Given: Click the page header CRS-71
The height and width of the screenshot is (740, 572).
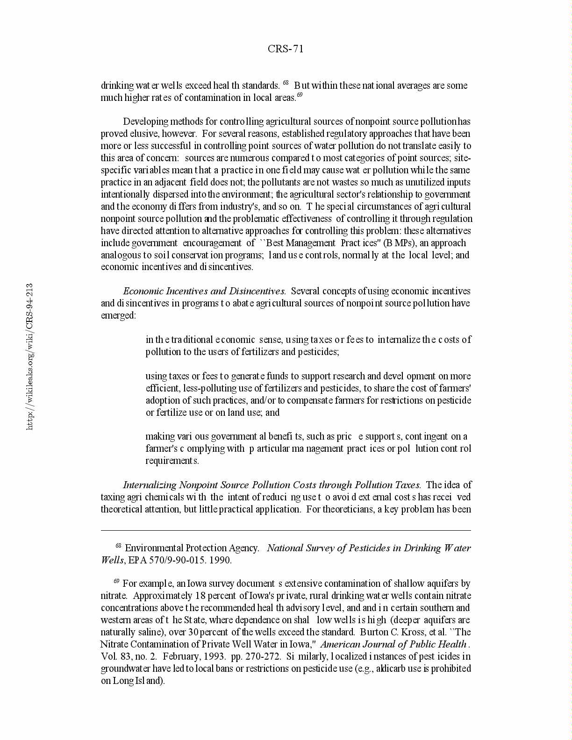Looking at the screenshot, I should (x=286, y=49).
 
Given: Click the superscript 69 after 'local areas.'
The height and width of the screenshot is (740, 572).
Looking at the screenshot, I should (x=300, y=95).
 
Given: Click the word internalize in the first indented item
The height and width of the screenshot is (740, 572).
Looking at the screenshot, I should (x=399, y=340).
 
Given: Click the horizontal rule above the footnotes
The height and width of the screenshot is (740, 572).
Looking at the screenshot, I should (x=286, y=530).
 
